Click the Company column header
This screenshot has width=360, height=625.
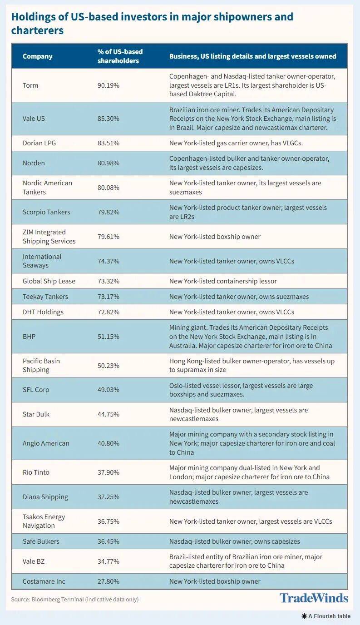(x=38, y=56)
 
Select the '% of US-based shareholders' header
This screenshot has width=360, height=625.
(x=118, y=56)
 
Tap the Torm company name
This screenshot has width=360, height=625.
(x=30, y=85)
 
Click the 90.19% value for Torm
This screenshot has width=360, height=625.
(x=108, y=85)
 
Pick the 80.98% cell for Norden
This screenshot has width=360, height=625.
(x=108, y=163)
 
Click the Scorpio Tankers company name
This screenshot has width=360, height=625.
(x=46, y=212)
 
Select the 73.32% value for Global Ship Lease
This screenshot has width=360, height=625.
(x=108, y=281)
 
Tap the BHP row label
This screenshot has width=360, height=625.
(x=30, y=337)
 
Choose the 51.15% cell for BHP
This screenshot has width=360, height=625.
(x=108, y=337)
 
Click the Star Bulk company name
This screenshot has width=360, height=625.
(x=36, y=414)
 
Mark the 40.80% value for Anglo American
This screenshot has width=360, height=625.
(x=108, y=443)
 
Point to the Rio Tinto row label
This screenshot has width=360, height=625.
(x=36, y=472)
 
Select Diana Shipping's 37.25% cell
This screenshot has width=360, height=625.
(x=108, y=497)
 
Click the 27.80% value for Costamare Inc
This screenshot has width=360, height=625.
(x=108, y=581)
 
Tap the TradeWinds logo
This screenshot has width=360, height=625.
(x=314, y=598)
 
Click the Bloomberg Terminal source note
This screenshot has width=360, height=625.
(x=75, y=600)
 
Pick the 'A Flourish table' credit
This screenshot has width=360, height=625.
(x=326, y=616)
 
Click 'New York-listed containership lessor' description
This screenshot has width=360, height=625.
(x=223, y=281)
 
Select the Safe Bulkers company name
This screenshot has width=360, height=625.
(x=41, y=541)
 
